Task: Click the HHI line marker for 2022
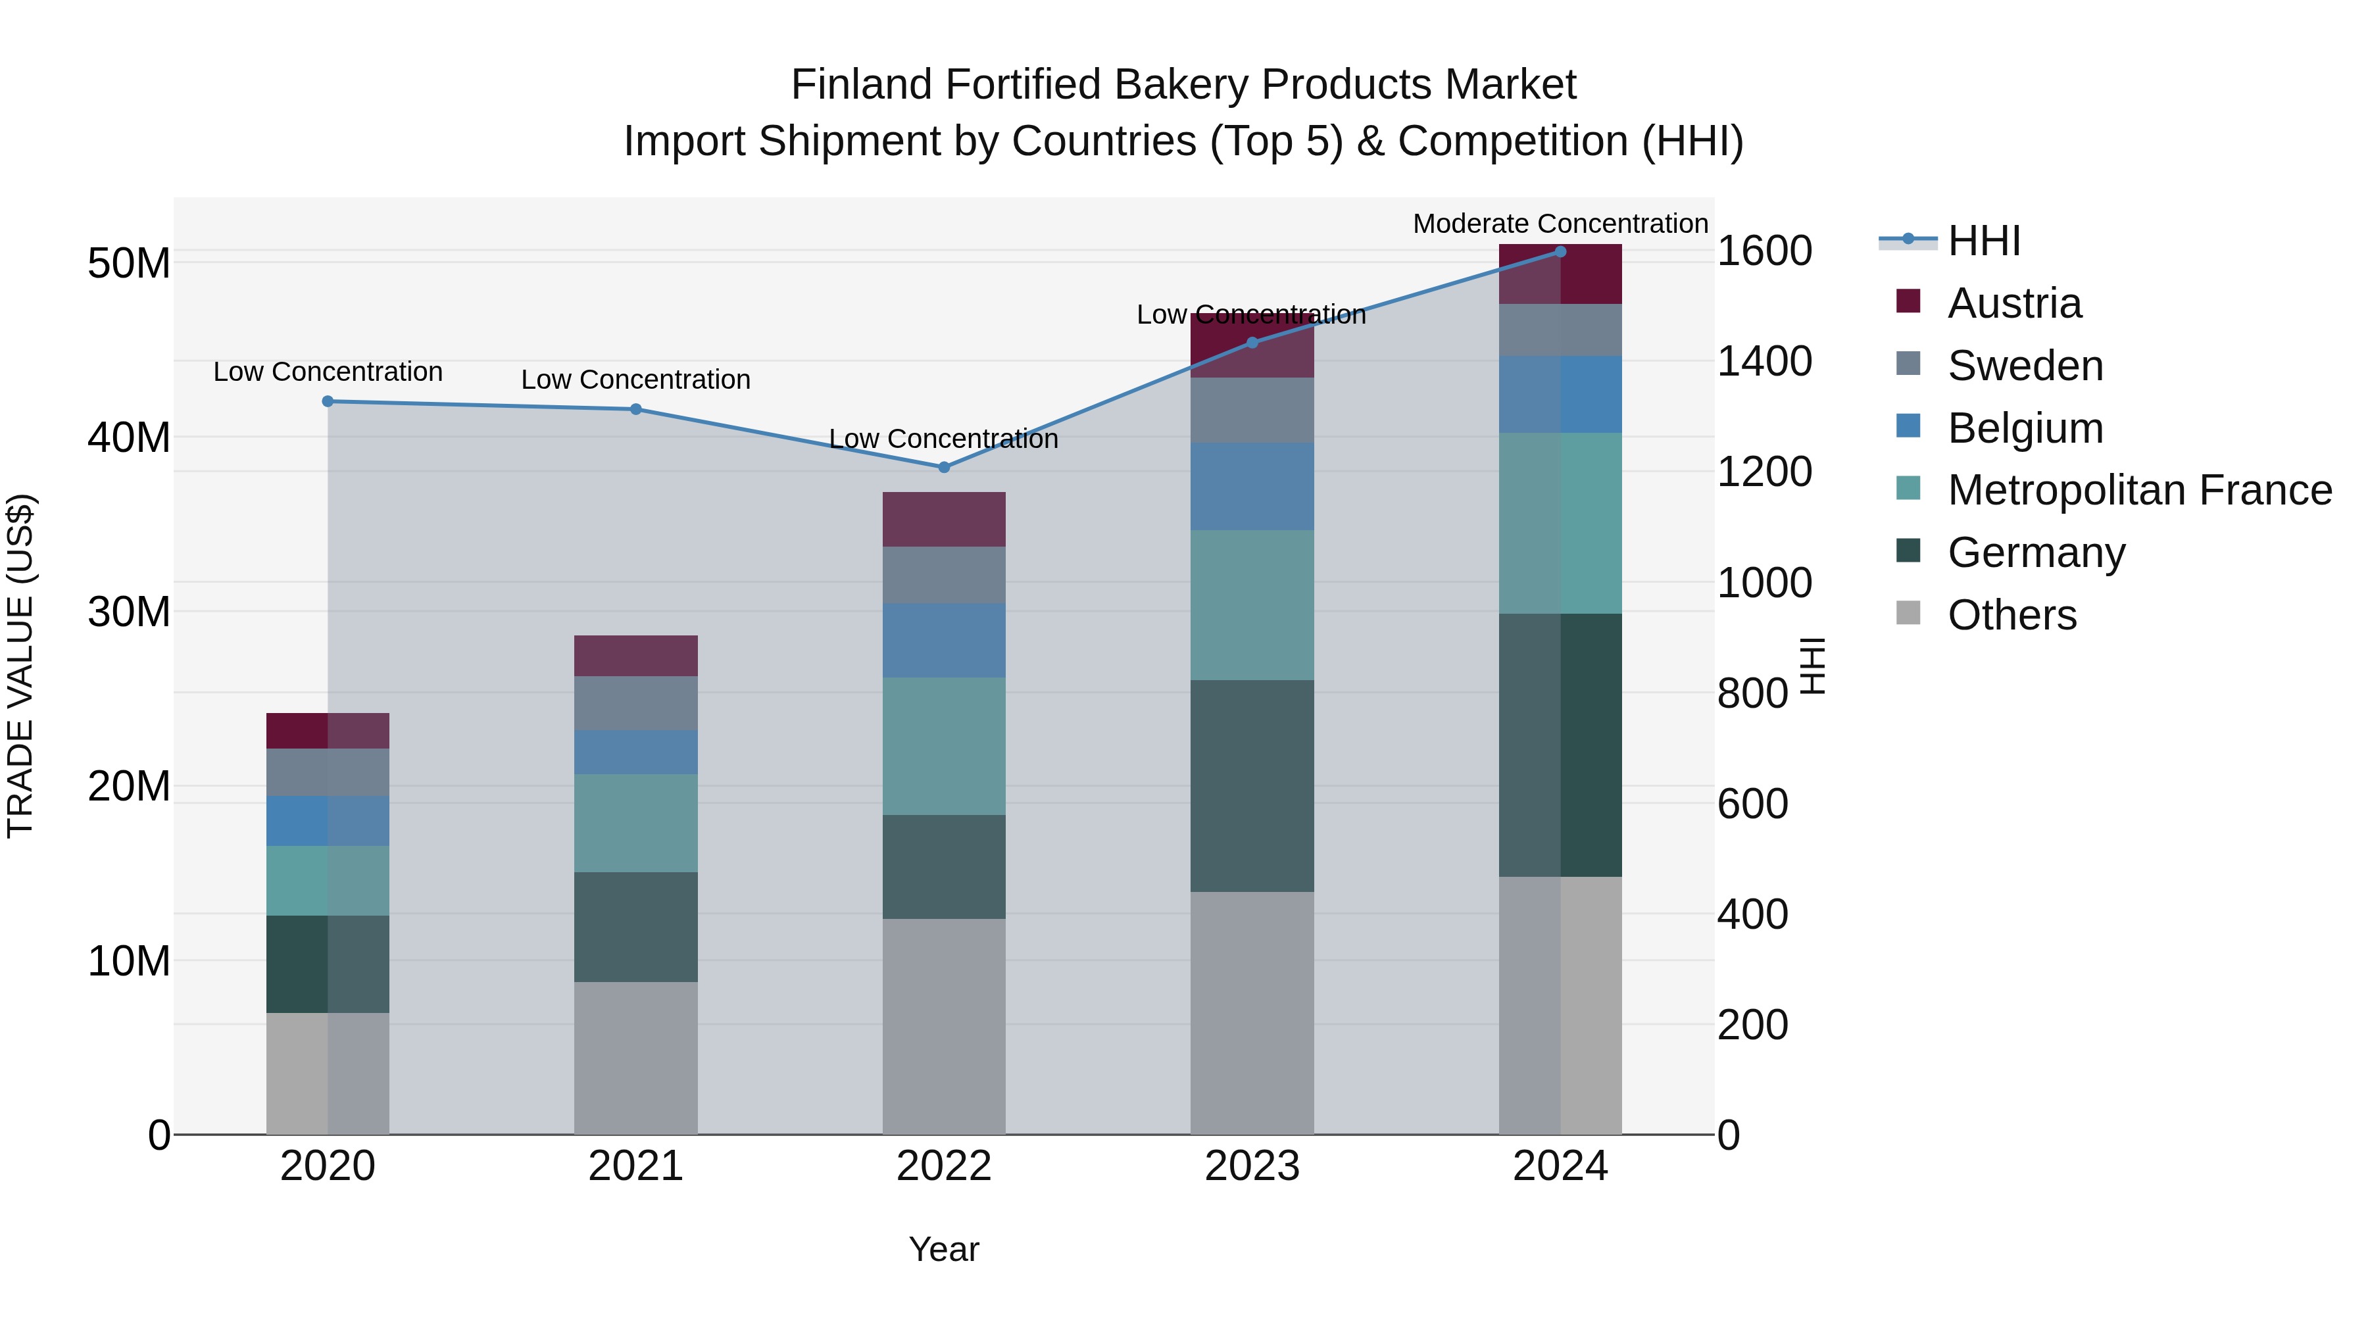[x=943, y=467]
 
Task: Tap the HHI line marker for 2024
[x=1560, y=251]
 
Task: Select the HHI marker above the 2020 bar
[x=328, y=401]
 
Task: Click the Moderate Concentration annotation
[x=1560, y=224]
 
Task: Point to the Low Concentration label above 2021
[x=635, y=379]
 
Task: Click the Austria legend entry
[x=2013, y=303]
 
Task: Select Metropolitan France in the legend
[x=2139, y=490]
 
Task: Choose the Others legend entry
[x=2011, y=615]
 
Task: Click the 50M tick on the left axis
[x=129, y=264]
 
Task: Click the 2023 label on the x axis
[x=1251, y=1166]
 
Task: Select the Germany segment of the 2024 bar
[x=1560, y=745]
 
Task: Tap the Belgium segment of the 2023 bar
[x=1251, y=486]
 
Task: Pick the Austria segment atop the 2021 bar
[x=635, y=655]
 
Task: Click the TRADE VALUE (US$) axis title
[x=20, y=666]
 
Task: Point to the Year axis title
[x=943, y=1249]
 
